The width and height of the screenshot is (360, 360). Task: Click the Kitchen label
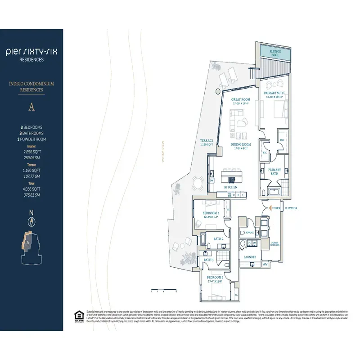(x=231, y=187)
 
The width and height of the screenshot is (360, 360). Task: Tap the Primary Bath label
(x=274, y=172)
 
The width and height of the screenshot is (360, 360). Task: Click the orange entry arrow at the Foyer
(x=270, y=208)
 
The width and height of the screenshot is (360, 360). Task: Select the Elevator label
(x=290, y=208)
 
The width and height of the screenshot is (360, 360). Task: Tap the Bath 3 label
(x=208, y=260)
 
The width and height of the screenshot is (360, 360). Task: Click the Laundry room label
(x=250, y=257)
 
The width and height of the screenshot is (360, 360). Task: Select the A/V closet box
(x=265, y=264)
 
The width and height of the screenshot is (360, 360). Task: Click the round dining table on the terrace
(x=197, y=182)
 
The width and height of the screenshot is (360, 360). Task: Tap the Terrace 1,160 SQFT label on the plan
(x=207, y=143)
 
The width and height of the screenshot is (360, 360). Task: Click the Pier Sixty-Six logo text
(x=31, y=52)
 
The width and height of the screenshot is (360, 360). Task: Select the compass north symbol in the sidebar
(x=31, y=221)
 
